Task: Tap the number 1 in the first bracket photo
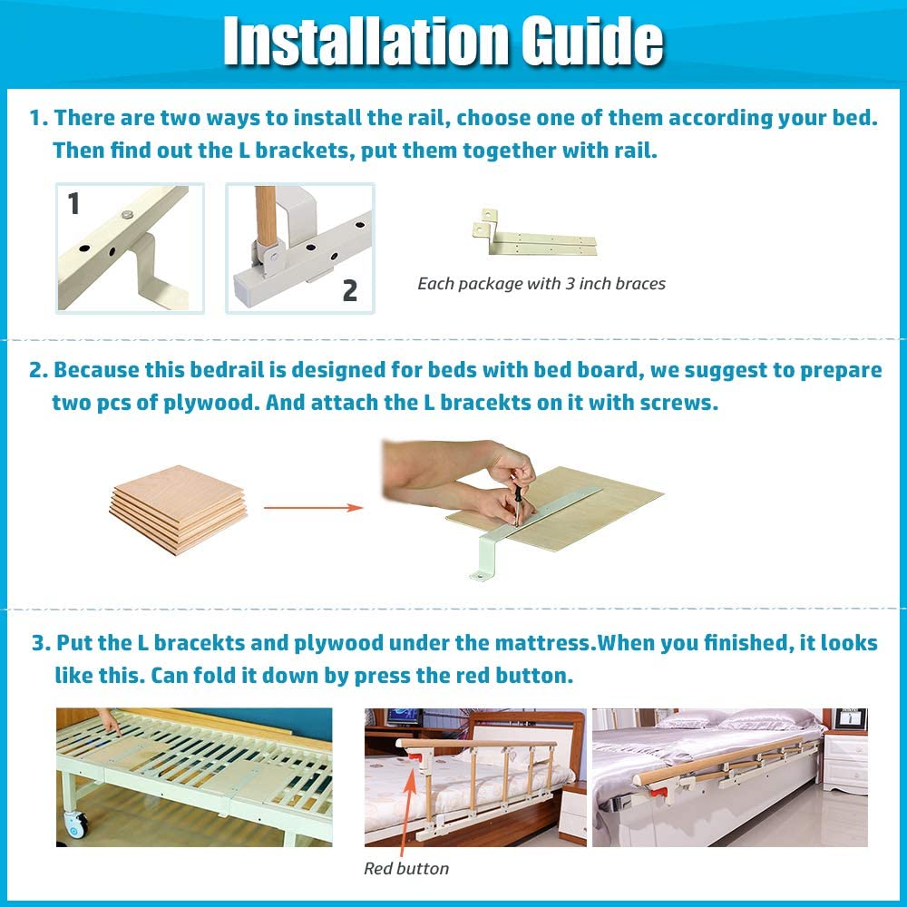tap(73, 204)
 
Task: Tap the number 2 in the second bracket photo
tap(349, 290)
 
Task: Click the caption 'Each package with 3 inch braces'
tap(541, 284)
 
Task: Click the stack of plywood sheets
tap(178, 508)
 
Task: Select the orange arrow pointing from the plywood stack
tap(313, 508)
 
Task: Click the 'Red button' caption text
tap(406, 869)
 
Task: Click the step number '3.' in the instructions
tap(42, 644)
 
